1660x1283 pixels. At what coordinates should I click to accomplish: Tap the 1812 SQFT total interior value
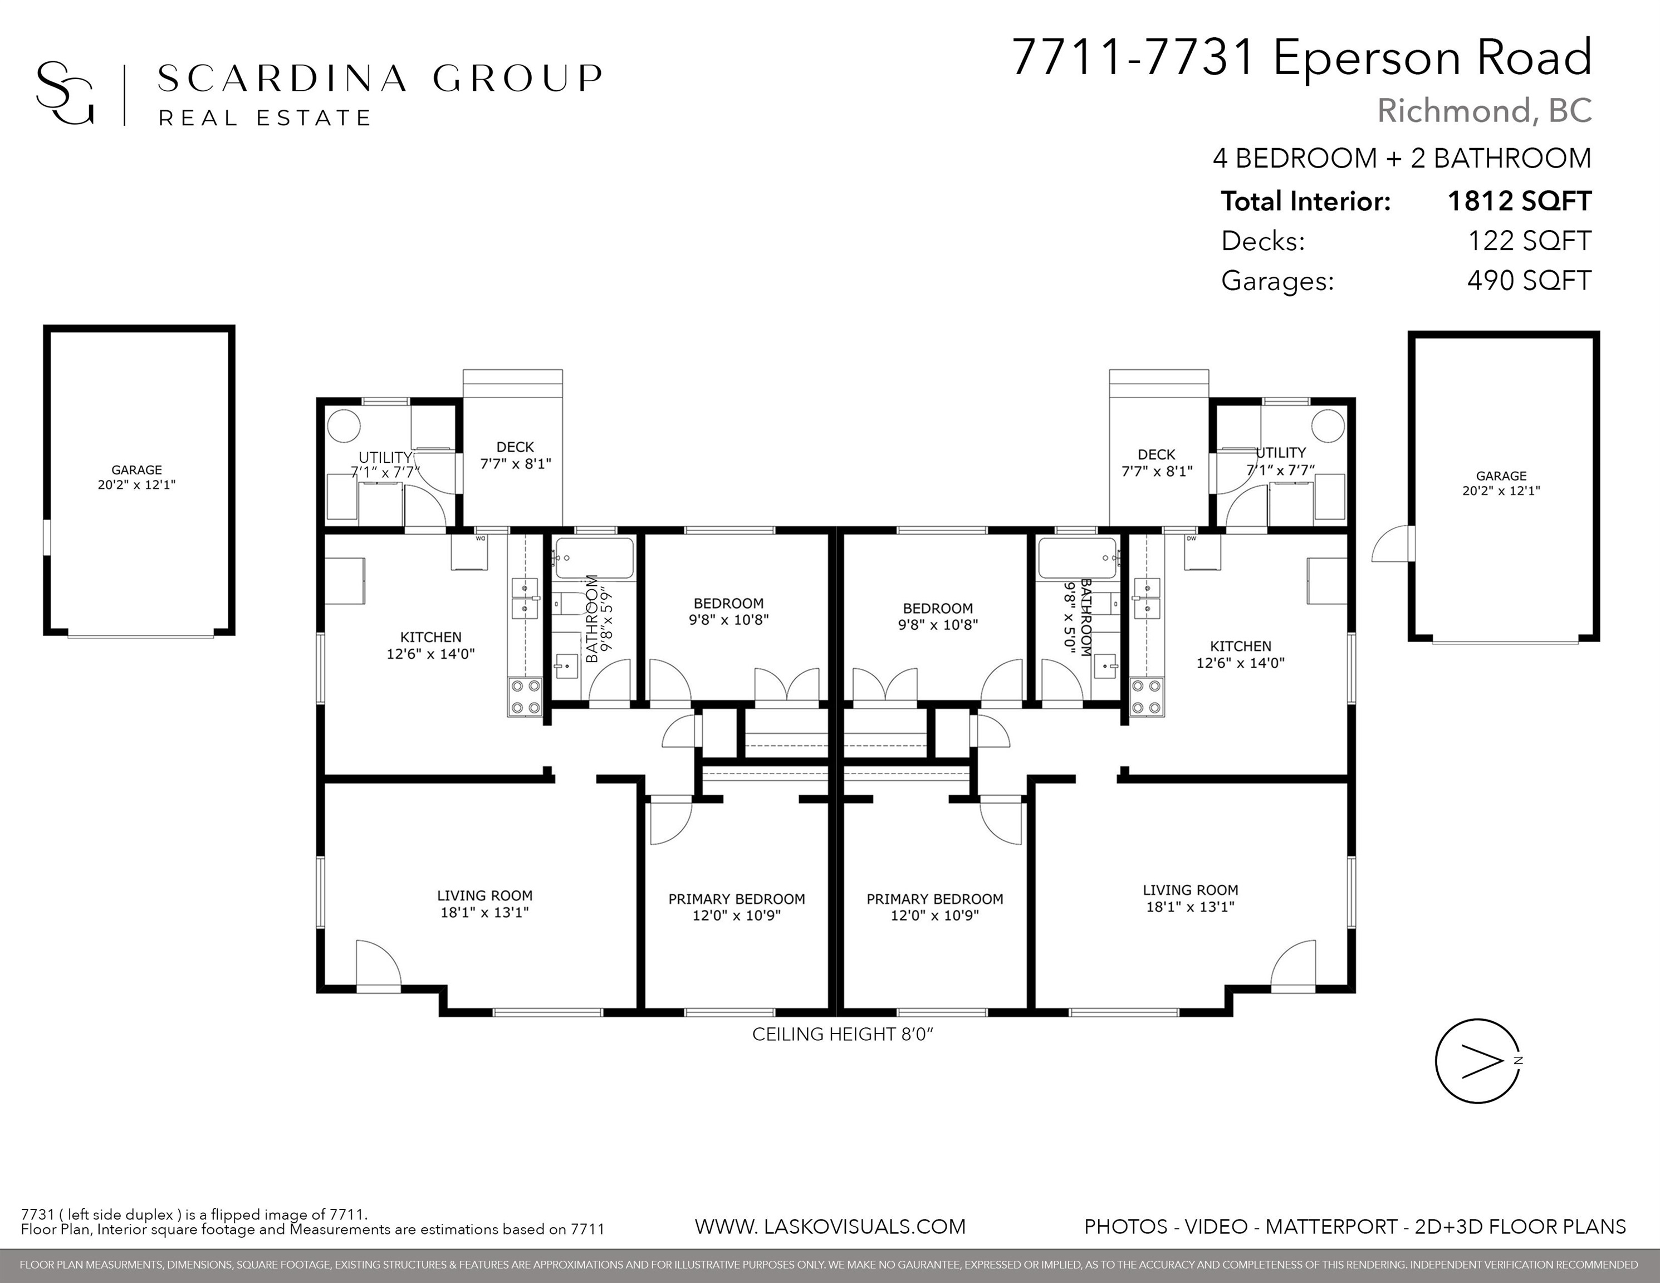point(1519,202)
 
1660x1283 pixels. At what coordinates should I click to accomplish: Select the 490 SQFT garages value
point(1529,281)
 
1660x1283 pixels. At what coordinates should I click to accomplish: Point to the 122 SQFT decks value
point(1529,241)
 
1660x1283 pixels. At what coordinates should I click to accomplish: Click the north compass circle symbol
point(1477,1060)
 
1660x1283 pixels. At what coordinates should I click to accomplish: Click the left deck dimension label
point(515,464)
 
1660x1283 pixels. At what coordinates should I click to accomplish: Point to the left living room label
point(485,904)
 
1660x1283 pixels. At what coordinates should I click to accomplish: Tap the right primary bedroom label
point(935,907)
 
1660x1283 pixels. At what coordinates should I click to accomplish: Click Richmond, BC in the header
point(1485,111)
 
